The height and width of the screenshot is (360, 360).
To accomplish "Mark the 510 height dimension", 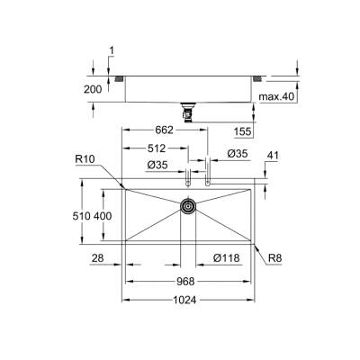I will pyautogui.click(x=81, y=217).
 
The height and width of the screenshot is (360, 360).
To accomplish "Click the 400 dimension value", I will pyautogui.click(x=103, y=217).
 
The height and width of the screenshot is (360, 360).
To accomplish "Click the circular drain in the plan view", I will pyautogui.click(x=188, y=207).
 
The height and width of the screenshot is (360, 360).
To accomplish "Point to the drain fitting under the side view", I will pyautogui.click(x=188, y=111).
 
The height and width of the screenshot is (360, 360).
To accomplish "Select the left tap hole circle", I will pyautogui.click(x=187, y=184).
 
